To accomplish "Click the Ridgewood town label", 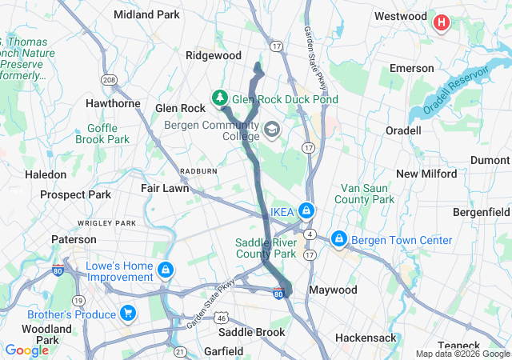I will (213, 55).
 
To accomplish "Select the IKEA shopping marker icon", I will (305, 211).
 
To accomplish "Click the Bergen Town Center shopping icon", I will (338, 239).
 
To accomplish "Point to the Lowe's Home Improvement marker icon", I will (166, 270).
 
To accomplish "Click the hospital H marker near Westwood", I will (441, 23).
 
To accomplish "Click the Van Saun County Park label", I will (364, 193).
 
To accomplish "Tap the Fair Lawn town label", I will (165, 189).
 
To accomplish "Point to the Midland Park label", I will (146, 14).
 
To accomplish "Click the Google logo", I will (26, 350).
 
